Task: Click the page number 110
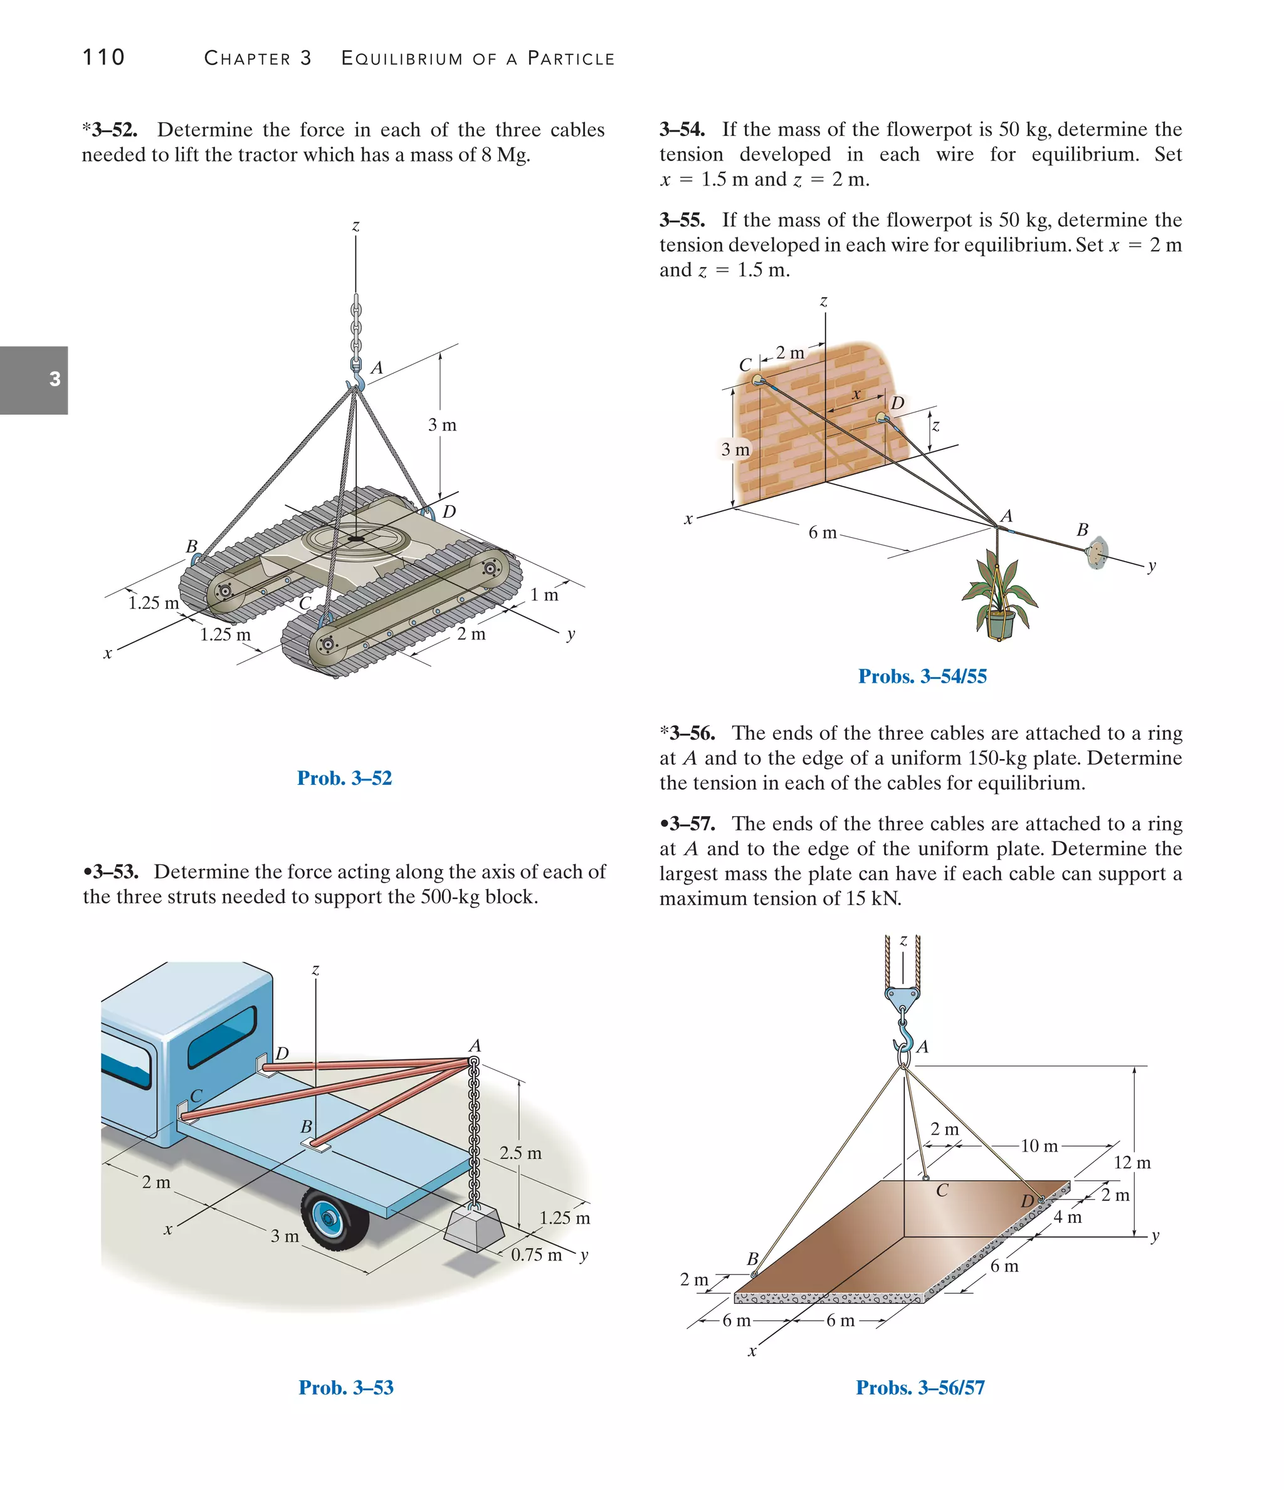click(103, 57)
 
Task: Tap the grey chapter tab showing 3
click(34, 380)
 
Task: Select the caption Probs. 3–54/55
click(922, 676)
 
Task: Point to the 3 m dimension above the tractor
click(441, 425)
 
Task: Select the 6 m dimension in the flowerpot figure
click(822, 532)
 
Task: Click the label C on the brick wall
click(745, 365)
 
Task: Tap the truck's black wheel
click(335, 1218)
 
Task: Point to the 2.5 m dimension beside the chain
click(520, 1153)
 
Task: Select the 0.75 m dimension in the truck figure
click(536, 1255)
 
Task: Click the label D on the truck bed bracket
click(282, 1054)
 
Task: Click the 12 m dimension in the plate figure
click(1132, 1163)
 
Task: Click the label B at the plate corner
click(752, 1259)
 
